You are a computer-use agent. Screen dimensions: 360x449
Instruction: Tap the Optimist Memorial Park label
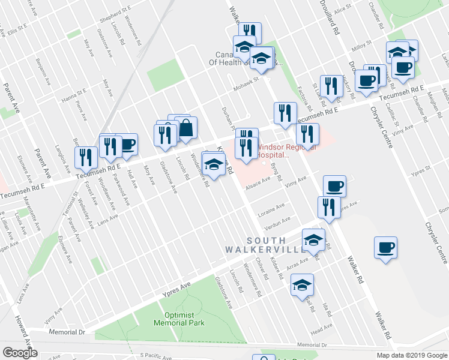tap(179, 319)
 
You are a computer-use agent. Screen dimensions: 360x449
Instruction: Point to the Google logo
tap(20, 353)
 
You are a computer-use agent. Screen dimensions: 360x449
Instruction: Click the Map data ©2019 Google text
tap(412, 355)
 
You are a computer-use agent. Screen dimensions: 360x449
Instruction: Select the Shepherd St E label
tap(114, 11)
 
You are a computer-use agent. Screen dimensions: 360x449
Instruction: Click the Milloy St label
tap(362, 46)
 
